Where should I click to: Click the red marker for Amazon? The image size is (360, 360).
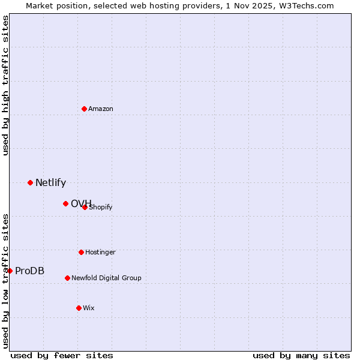pyautogui.click(x=85, y=109)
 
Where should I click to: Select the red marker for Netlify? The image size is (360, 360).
pyautogui.click(x=30, y=182)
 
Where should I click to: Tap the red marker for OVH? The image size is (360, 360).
pyautogui.click(x=65, y=203)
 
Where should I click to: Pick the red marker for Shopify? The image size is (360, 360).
pyautogui.click(x=85, y=207)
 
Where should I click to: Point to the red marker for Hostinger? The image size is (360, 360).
pyautogui.click(x=81, y=252)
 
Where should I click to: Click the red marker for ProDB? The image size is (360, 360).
pyautogui.click(x=10, y=271)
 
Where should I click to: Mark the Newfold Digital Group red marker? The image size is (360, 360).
pyautogui.click(x=67, y=278)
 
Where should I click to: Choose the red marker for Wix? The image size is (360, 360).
pyautogui.click(x=79, y=308)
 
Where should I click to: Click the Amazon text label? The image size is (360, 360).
pyautogui.click(x=101, y=109)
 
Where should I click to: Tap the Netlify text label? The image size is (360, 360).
pyautogui.click(x=50, y=183)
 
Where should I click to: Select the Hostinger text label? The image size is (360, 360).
pyautogui.click(x=100, y=253)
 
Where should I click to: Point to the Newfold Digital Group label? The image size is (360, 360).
pyautogui.click(x=106, y=278)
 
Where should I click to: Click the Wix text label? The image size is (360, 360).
pyautogui.click(x=89, y=308)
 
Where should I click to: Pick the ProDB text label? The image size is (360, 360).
pyautogui.click(x=29, y=271)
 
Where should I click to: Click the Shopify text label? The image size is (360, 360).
pyautogui.click(x=101, y=208)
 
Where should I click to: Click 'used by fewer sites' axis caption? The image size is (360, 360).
pyautogui.click(x=62, y=355)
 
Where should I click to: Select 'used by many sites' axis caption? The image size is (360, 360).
pyautogui.click(x=301, y=355)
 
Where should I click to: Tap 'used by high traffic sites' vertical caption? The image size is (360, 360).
pyautogui.click(x=5, y=85)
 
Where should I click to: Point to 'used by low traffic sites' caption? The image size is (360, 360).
pyautogui.click(x=5, y=281)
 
